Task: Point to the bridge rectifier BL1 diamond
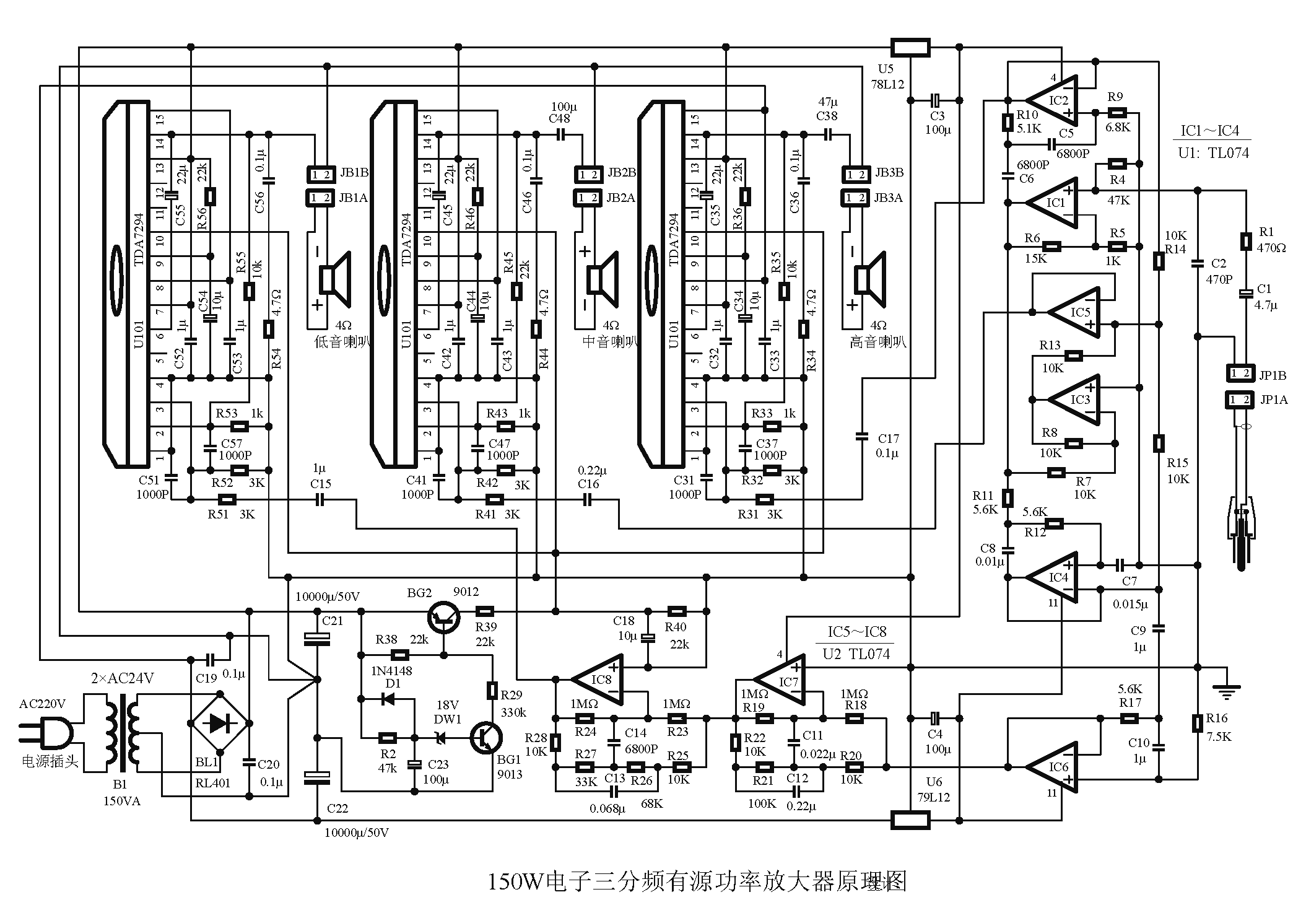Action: tap(219, 722)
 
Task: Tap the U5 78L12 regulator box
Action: tap(910, 47)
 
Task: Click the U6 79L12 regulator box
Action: tap(910, 820)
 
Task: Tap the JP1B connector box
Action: tap(1241, 374)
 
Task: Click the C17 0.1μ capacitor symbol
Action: tap(861, 437)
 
